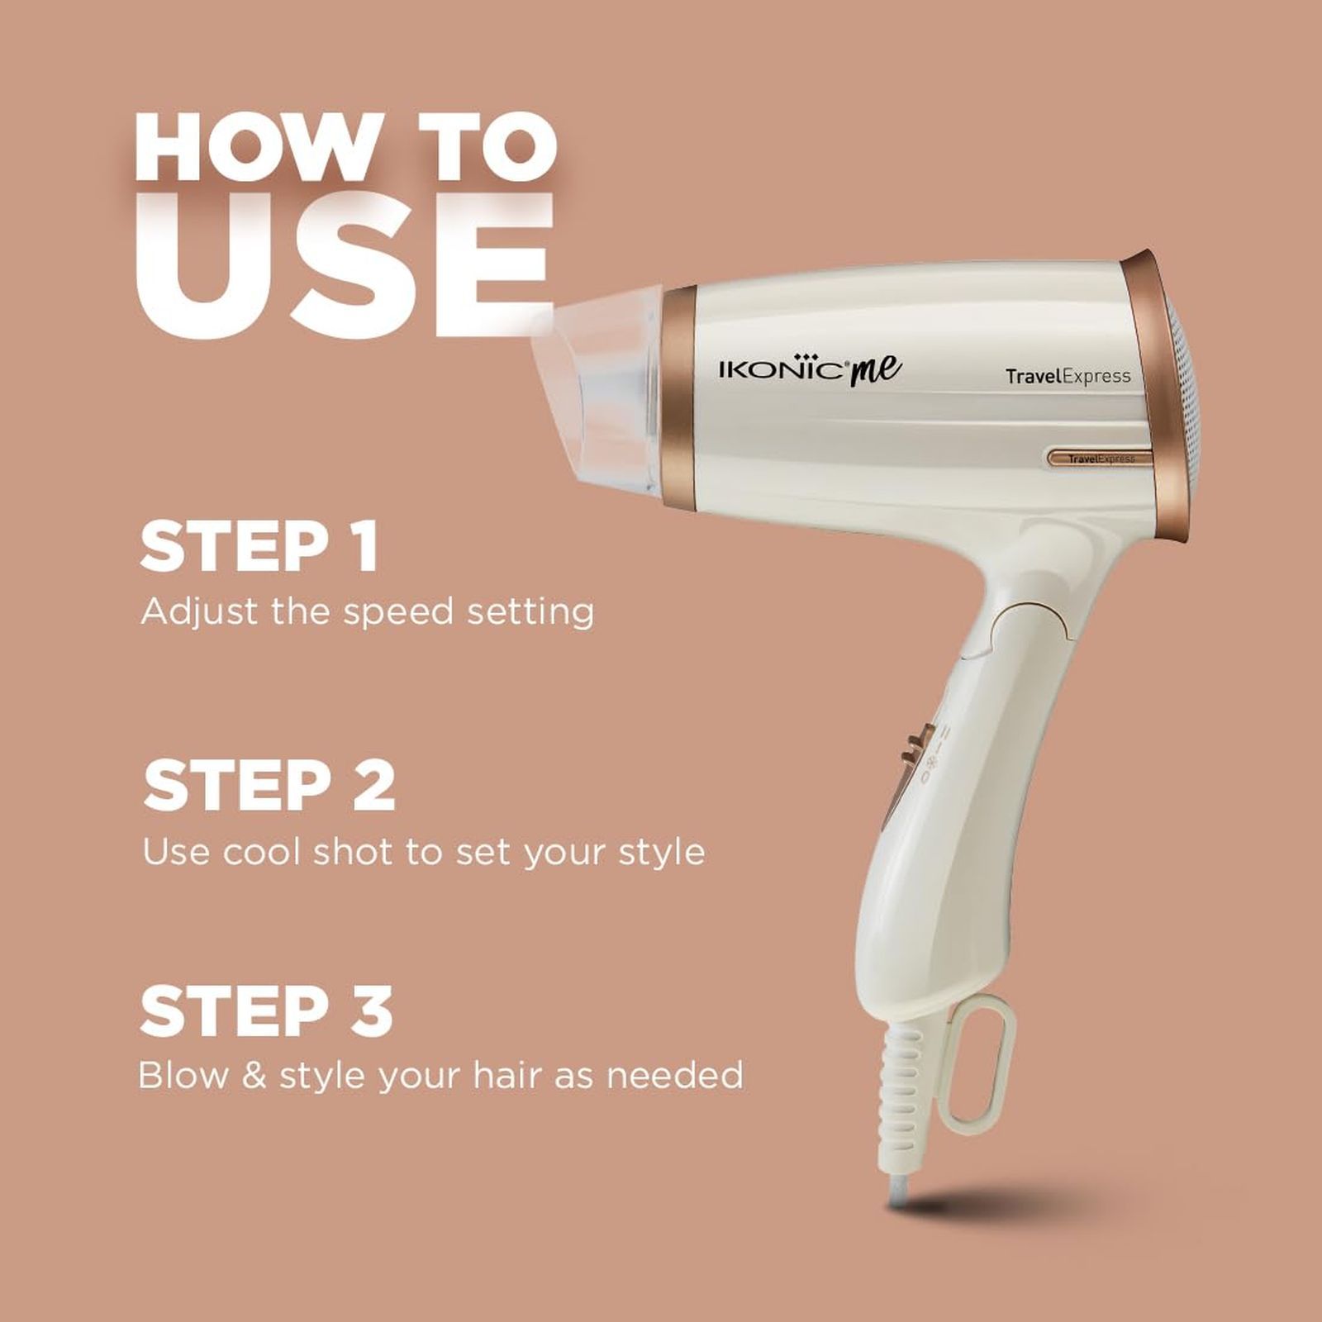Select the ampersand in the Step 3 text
point(255,1076)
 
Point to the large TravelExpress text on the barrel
point(1068,377)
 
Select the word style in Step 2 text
point(663,852)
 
